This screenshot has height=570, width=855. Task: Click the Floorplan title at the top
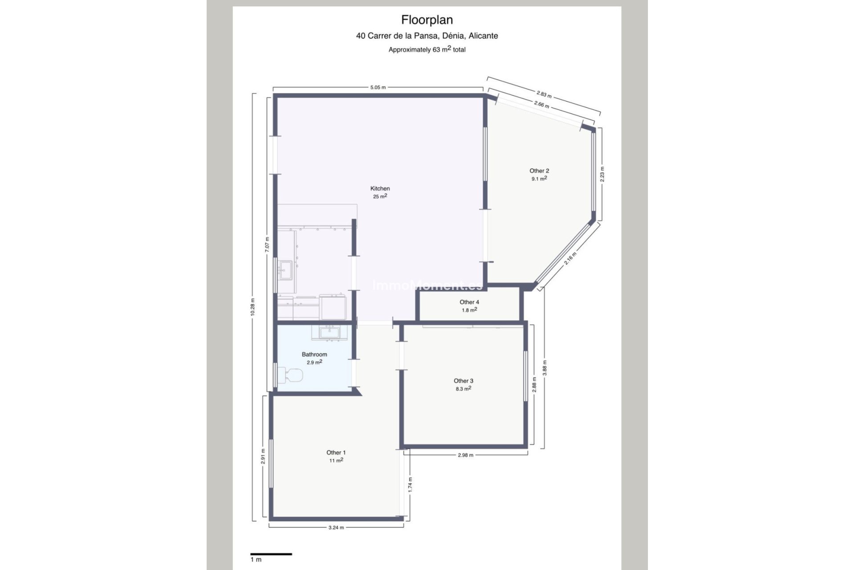pos(427,20)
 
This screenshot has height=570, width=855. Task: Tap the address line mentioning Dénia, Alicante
pos(427,36)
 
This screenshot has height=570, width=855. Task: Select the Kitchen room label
pos(380,188)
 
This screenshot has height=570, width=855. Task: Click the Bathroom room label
pos(314,354)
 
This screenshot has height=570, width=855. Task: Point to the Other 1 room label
pos(336,452)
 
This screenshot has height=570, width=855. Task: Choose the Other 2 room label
pos(539,171)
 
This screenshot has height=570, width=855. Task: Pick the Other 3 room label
pos(464,381)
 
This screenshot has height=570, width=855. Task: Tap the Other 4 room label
pos(469,302)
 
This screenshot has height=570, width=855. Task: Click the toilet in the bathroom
pos(290,375)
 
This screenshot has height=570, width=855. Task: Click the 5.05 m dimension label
pos(378,87)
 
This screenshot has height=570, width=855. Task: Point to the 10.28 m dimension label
pos(252,307)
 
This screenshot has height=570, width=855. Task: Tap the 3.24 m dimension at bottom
pos(336,528)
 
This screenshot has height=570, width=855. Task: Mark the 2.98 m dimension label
pos(465,455)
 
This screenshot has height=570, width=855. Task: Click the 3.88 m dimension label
pos(545,369)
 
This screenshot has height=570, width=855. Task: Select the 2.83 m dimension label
pos(544,94)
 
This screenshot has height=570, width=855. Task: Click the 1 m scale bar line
pos(271,554)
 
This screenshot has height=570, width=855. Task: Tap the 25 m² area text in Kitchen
pos(380,196)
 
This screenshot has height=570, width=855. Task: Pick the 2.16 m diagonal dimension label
pos(570,258)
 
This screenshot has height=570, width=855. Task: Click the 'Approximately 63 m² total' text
pos(427,49)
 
